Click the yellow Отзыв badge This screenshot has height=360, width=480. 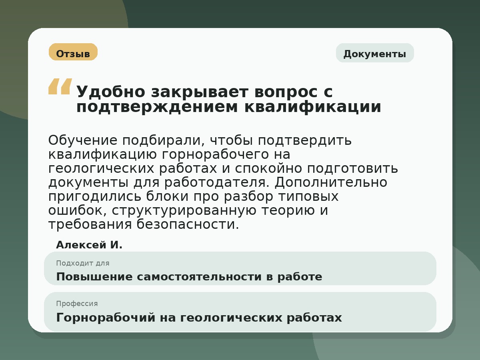(73, 52)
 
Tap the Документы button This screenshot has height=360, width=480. (375, 53)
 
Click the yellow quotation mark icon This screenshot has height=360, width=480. (60, 86)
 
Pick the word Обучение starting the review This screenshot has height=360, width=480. (83, 141)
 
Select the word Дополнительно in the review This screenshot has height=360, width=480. (331, 182)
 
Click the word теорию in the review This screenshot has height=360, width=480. (283, 211)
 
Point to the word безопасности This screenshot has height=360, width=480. (188, 225)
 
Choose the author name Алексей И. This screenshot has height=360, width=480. (89, 245)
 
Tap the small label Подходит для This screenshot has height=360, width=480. (83, 263)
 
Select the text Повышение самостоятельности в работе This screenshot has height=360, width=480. (189, 277)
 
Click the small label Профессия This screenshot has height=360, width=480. (77, 304)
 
